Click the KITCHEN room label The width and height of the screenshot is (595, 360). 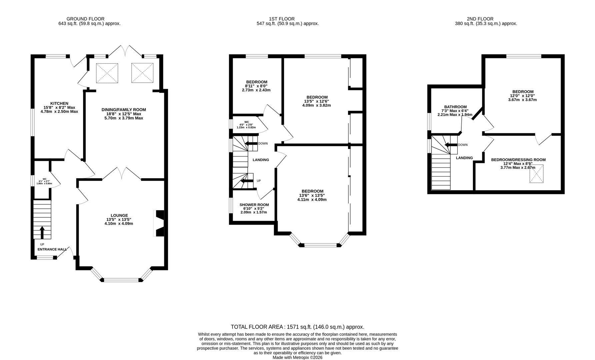(59, 103)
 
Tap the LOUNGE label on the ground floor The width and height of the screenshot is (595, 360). (119, 215)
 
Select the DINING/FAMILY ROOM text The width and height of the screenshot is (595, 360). (124, 109)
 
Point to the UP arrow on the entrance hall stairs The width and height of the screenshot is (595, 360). (42, 233)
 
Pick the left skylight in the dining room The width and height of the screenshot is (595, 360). (107, 73)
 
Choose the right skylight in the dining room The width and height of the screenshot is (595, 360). (142, 73)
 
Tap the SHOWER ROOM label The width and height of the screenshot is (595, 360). (254, 205)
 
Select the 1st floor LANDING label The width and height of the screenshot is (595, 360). (261, 160)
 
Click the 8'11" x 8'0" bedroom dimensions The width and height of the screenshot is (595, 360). (256, 86)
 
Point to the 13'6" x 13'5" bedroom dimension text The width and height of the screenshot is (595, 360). (312, 195)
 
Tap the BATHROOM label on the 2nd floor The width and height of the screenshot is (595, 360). (455, 107)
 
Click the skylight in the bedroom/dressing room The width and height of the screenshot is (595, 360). (537, 174)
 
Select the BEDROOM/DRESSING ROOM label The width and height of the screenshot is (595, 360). (518, 160)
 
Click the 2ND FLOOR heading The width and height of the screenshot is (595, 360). (480, 19)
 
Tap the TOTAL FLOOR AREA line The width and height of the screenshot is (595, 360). (297, 327)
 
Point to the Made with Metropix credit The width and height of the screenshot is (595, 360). (297, 357)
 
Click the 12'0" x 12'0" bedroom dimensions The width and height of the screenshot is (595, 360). (523, 96)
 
